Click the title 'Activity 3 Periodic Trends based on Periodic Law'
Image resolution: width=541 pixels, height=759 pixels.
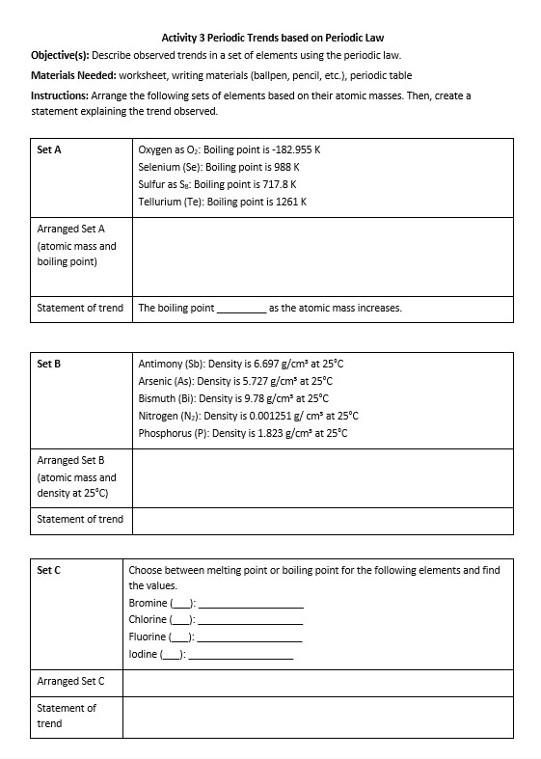pyautogui.click(x=273, y=38)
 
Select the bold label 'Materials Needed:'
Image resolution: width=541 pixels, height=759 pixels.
pyautogui.click(x=72, y=75)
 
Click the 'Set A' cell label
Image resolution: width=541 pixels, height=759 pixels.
pyautogui.click(x=49, y=150)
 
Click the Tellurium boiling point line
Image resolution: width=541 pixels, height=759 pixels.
pyautogui.click(x=222, y=202)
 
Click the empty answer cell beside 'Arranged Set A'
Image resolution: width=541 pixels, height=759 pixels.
pyautogui.click(x=322, y=256)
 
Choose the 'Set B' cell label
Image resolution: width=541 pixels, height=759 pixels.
pyautogui.click(x=49, y=364)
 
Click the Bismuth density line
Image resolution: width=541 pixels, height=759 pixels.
pyautogui.click(x=233, y=398)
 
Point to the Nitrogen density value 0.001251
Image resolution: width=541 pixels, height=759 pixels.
pyautogui.click(x=278, y=416)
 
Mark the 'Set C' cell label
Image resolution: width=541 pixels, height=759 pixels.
pyautogui.click(x=49, y=570)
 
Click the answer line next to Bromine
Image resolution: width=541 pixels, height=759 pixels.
pyautogui.click(x=250, y=604)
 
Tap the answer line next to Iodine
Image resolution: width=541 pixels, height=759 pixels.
pyautogui.click(x=240, y=655)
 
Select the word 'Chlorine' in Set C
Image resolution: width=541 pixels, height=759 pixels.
pyautogui.click(x=148, y=620)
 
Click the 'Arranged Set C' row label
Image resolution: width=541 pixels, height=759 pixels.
pyautogui.click(x=70, y=682)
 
